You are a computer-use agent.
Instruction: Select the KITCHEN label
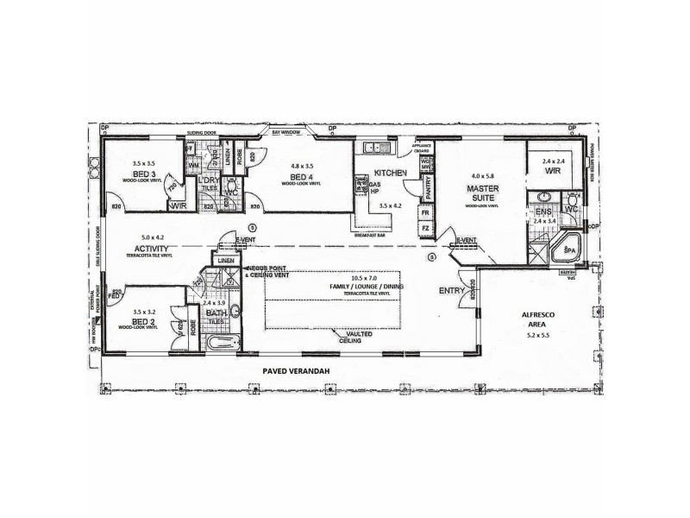point(391,174)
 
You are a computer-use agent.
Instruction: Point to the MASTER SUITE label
point(481,192)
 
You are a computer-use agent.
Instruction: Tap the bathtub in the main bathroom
point(223,344)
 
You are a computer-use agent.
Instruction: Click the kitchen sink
point(373,147)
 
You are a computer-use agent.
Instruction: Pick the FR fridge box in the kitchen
point(424,212)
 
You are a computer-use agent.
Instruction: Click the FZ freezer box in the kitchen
point(424,229)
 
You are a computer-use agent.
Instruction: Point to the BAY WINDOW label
point(285,134)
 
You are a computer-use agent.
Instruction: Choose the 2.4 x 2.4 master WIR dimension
point(553,161)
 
